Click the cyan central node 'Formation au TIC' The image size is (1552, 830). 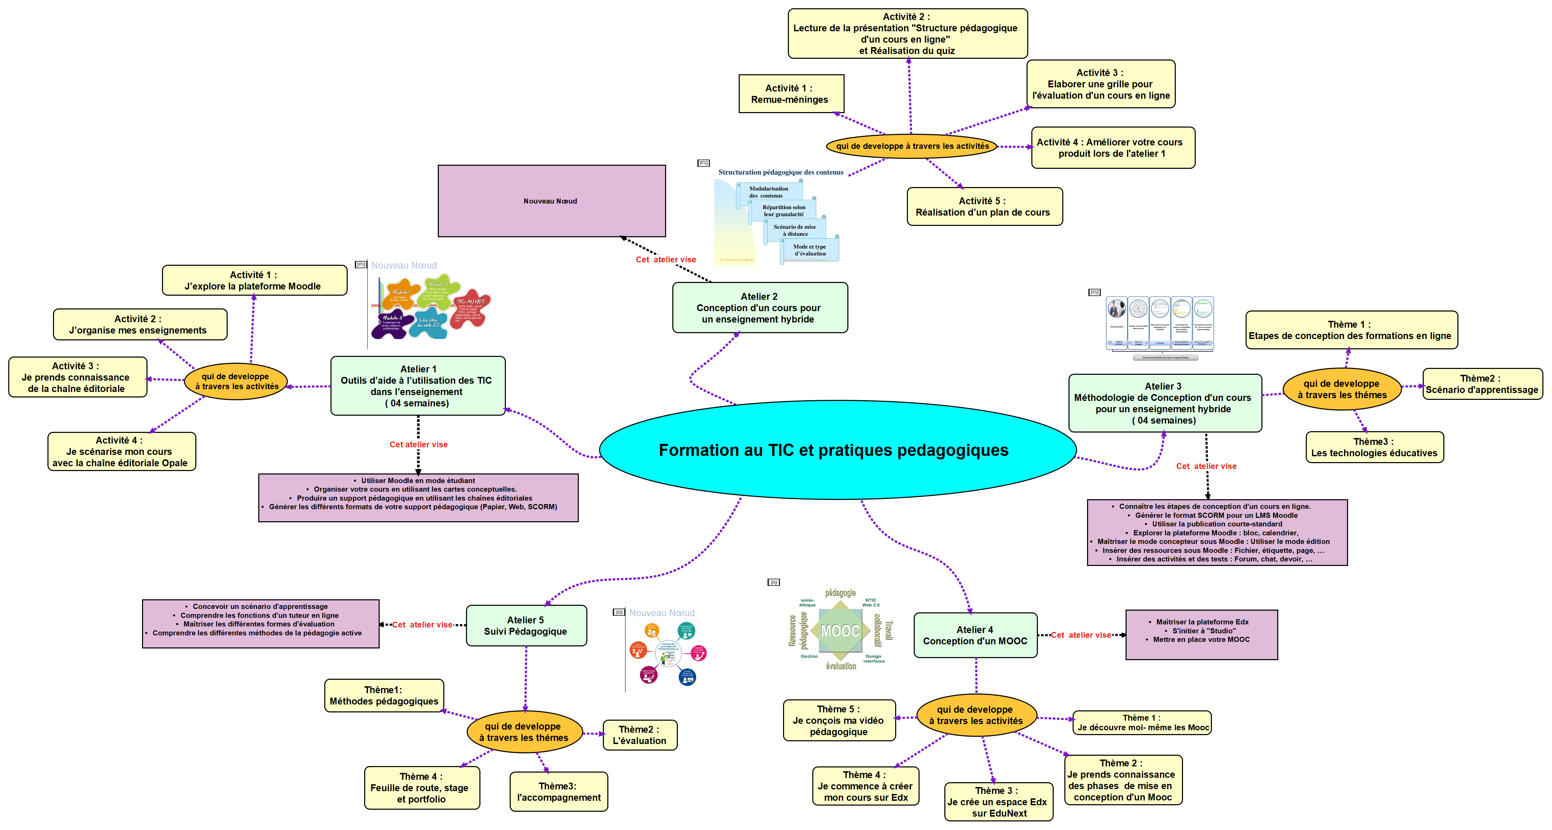pyautogui.click(x=837, y=450)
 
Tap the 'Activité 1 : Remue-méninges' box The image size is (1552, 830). pyautogui.click(x=791, y=94)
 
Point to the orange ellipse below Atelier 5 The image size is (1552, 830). pyautogui.click(x=524, y=732)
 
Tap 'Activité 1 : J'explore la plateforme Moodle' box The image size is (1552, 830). pyautogui.click(x=254, y=281)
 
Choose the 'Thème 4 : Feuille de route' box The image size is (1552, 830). pyautogui.click(x=421, y=788)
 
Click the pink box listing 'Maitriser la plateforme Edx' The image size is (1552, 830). pyautogui.click(x=1201, y=635)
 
